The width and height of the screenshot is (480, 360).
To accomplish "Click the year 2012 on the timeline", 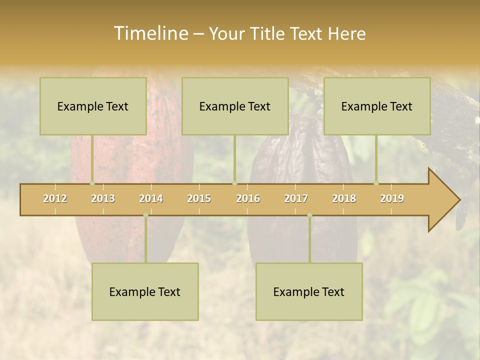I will (x=55, y=198).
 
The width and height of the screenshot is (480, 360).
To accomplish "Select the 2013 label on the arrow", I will (x=103, y=198).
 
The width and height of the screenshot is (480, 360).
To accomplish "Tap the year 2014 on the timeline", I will (x=151, y=198).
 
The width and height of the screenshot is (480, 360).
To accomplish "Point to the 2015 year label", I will (x=199, y=198).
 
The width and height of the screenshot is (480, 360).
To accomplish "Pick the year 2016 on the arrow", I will (x=248, y=198).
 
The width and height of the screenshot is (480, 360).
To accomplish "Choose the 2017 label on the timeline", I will (x=296, y=198).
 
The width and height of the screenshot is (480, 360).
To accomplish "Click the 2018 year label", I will (x=344, y=198).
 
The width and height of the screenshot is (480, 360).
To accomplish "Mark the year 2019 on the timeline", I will (x=392, y=198).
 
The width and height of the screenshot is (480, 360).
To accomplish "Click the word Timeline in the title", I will (x=150, y=33).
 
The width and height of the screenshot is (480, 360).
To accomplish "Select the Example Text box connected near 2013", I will (x=93, y=106).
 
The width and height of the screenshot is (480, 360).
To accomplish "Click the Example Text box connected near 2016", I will (x=235, y=106).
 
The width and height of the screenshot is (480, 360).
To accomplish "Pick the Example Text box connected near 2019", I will (x=377, y=106).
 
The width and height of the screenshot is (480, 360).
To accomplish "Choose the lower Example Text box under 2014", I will (x=145, y=291).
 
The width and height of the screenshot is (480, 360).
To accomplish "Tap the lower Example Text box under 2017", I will (x=309, y=291).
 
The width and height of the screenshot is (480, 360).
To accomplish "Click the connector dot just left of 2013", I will (x=92, y=183).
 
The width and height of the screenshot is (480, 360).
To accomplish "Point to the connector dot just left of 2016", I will (x=234, y=183).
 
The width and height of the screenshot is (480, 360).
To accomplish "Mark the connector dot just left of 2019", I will (x=376, y=183).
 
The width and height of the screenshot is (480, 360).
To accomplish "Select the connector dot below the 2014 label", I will (x=145, y=215).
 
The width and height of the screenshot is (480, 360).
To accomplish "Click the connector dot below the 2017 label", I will (x=309, y=215).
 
